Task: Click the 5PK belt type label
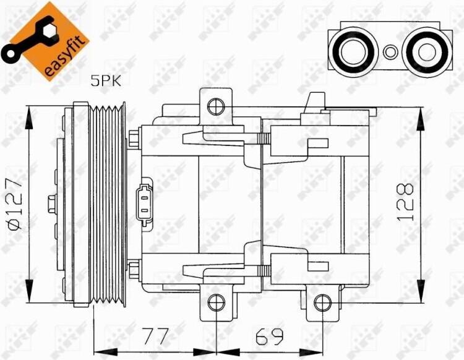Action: click(x=106, y=80)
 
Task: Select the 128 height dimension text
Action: click(x=405, y=202)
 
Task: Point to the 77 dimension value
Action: click(x=155, y=336)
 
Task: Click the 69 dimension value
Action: click(x=269, y=336)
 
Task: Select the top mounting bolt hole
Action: click(x=216, y=106)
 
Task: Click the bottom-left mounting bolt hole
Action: click(x=217, y=302)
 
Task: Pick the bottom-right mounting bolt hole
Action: click(x=322, y=302)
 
